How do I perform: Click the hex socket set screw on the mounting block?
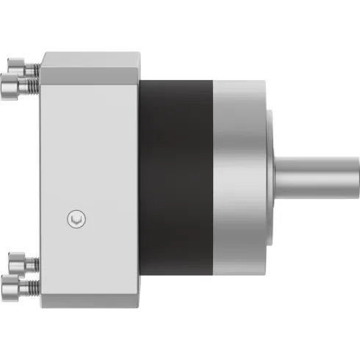coord(76,218)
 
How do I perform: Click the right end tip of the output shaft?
coord(356,178)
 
